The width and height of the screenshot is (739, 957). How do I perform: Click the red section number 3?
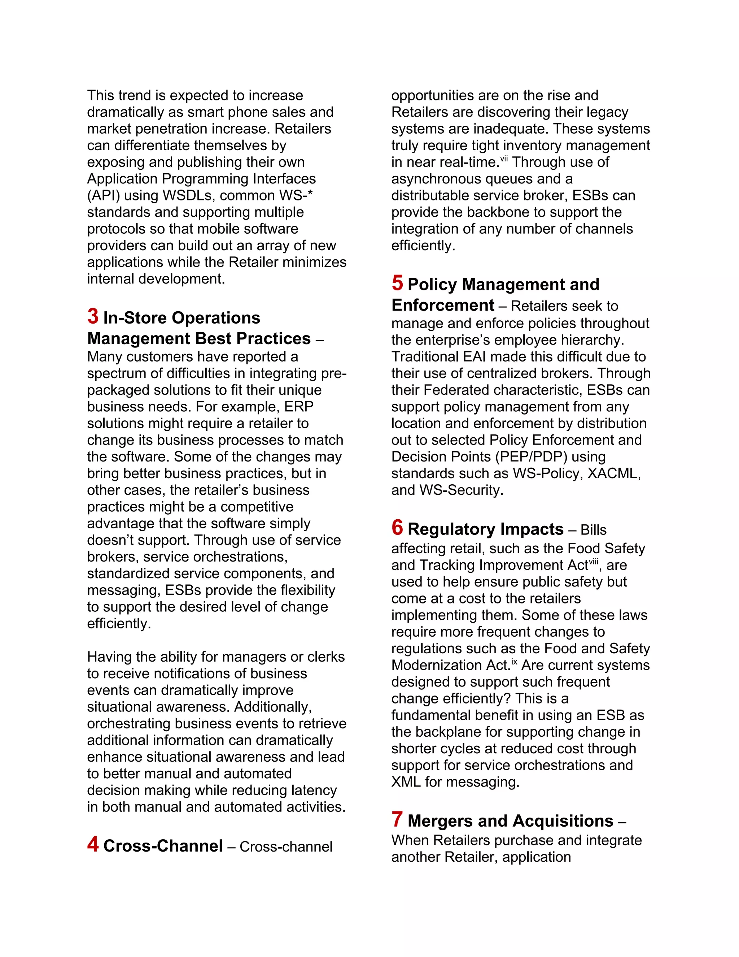click(93, 316)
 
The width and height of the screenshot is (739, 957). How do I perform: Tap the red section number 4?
click(93, 844)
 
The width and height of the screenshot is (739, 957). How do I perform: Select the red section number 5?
click(397, 283)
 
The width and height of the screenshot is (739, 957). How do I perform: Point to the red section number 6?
click(397, 528)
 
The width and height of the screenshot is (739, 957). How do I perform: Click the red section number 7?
click(397, 819)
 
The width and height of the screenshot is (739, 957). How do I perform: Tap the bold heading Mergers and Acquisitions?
click(510, 821)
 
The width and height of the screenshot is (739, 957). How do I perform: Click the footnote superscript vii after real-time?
click(504, 159)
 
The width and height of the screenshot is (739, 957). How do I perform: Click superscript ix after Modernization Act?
click(515, 662)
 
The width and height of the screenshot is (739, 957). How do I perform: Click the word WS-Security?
click(462, 490)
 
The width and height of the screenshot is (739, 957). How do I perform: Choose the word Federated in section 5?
click(458, 390)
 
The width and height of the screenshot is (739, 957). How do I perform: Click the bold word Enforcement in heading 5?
click(443, 306)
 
